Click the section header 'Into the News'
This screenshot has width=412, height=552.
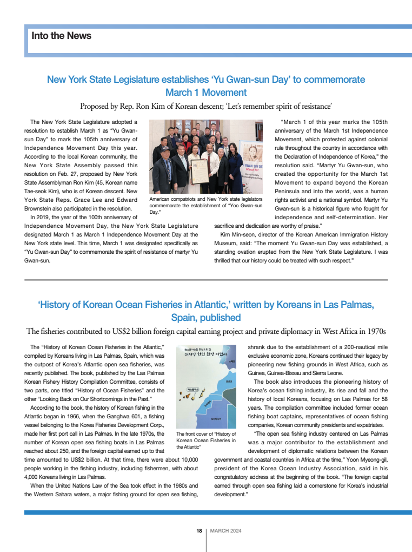tap(62, 36)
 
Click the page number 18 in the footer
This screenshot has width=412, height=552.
tap(199, 531)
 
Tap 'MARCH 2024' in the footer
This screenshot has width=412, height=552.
tap(225, 531)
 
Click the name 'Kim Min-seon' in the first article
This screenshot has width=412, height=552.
tap(237, 234)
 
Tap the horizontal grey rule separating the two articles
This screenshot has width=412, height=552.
tap(206, 280)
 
